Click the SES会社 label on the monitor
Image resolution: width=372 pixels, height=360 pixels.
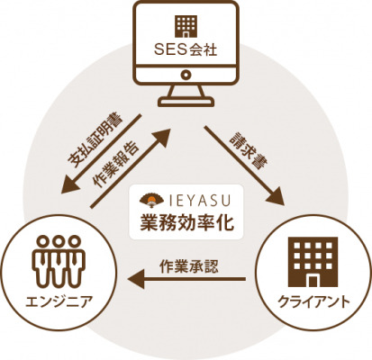(186, 50)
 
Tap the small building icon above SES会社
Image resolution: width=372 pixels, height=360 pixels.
(186, 26)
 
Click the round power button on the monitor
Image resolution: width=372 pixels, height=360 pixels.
(186, 74)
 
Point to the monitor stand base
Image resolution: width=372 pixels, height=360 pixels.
(186, 102)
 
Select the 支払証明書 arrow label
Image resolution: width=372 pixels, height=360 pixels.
(95, 140)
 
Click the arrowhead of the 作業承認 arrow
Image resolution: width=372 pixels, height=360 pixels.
(136, 279)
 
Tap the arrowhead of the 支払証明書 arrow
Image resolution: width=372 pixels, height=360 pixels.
(69, 185)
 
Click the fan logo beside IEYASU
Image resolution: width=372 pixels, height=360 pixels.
(152, 201)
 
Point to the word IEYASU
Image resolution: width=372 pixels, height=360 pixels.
(199, 201)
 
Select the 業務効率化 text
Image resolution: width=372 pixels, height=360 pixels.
(186, 222)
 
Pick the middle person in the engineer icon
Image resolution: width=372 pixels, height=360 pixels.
(59, 260)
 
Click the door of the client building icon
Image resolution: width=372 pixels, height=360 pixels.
(313, 280)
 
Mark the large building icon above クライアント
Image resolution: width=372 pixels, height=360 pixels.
(313, 262)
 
